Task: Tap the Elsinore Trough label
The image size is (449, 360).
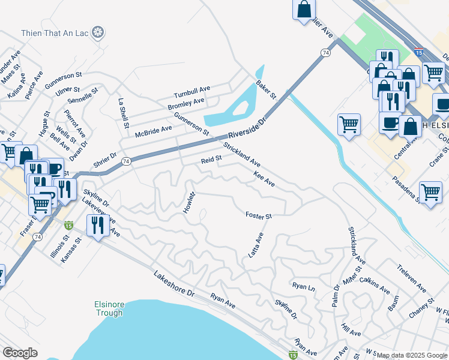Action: pyautogui.click(x=109, y=308)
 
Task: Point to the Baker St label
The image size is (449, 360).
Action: pyautogui.click(x=265, y=90)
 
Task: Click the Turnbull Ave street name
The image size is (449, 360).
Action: pyautogui.click(x=192, y=92)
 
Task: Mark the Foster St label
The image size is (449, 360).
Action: pyautogui.click(x=259, y=215)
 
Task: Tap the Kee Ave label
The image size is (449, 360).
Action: pyautogui.click(x=264, y=178)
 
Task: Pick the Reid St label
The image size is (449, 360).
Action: pyautogui.click(x=211, y=160)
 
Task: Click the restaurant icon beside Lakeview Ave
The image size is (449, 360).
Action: pyautogui.click(x=97, y=226)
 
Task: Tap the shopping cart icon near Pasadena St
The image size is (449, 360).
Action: pyautogui.click(x=430, y=193)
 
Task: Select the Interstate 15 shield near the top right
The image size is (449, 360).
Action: pyautogui.click(x=418, y=53)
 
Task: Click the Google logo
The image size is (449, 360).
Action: pyautogui.click(x=20, y=352)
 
